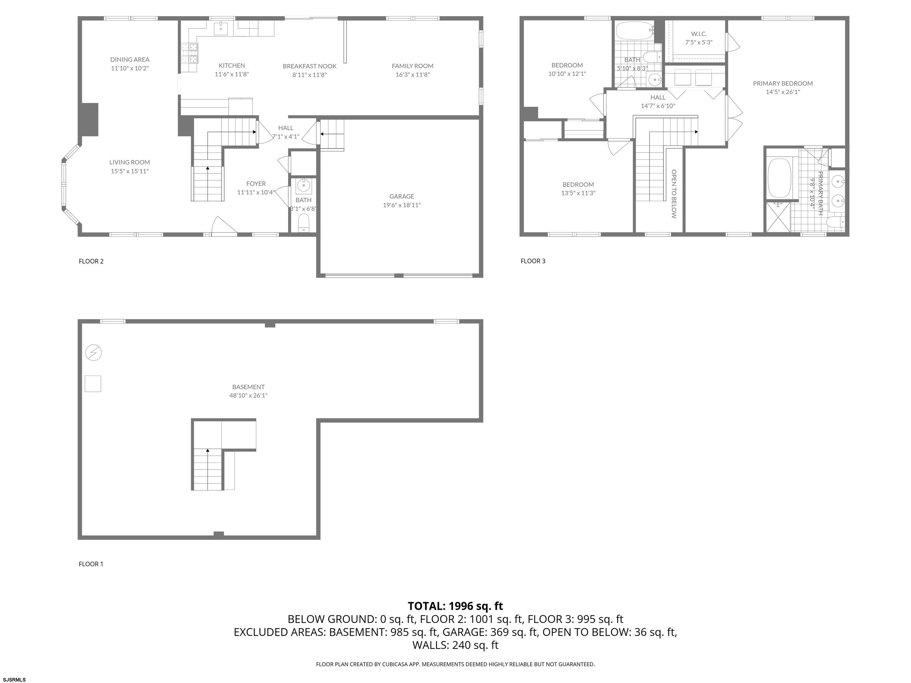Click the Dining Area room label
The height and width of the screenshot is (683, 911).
(130, 60)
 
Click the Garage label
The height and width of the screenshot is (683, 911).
(402, 196)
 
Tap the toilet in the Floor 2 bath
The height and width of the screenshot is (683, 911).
(304, 223)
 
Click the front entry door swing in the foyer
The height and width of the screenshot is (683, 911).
(224, 226)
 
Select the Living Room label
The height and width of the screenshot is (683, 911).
(130, 162)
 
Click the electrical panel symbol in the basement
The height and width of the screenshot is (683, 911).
(93, 353)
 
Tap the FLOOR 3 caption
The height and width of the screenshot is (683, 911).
(533, 261)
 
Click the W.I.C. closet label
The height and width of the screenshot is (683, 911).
(699, 34)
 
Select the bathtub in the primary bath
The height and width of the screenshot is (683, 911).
(779, 178)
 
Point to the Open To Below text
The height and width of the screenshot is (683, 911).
(674, 194)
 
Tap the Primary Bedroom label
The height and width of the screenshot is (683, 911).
(783, 84)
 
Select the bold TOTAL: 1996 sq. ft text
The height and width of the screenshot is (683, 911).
(455, 606)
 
